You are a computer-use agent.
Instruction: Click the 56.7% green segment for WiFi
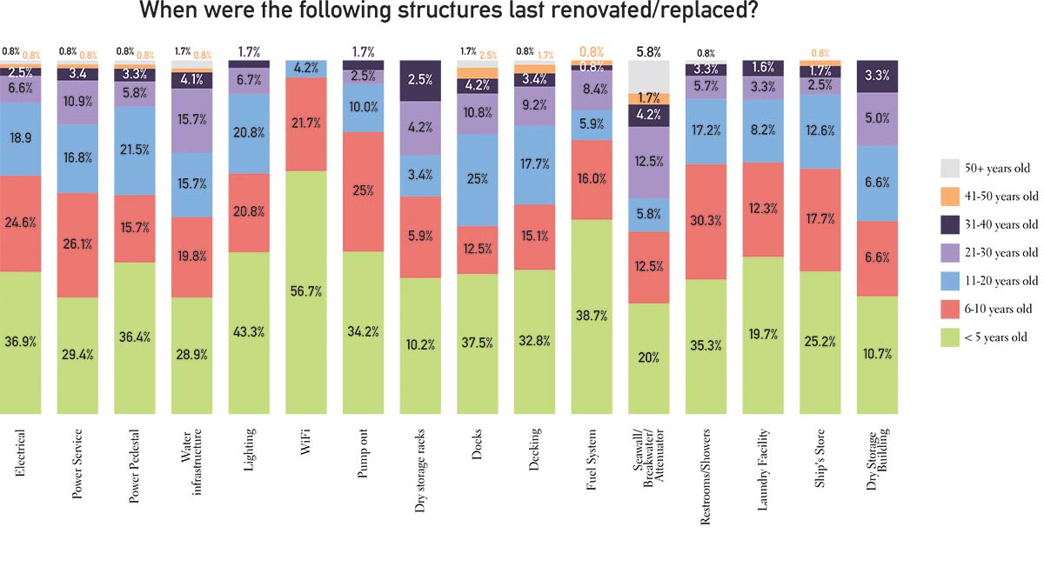click(306, 291)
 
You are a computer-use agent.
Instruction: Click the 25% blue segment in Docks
click(478, 179)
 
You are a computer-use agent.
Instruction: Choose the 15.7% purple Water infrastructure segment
click(192, 120)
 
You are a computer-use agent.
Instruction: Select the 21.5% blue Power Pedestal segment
click(135, 150)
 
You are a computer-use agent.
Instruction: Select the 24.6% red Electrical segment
click(21, 223)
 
